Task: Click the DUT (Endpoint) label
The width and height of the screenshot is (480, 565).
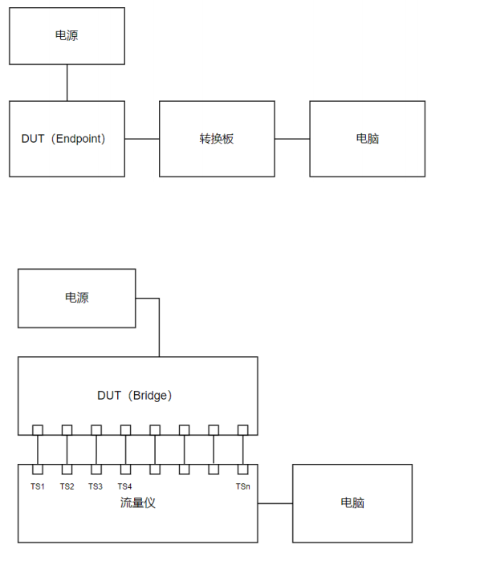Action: (x=63, y=139)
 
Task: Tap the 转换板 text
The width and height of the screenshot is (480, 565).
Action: (x=217, y=139)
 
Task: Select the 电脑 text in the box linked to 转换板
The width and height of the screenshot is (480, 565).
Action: (x=368, y=139)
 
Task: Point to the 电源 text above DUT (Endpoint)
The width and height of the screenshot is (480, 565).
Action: (x=67, y=36)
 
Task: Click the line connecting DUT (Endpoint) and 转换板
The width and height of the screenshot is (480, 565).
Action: (x=142, y=139)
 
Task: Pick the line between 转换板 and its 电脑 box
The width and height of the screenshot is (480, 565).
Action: (x=292, y=139)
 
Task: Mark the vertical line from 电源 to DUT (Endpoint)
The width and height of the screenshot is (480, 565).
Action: (x=67, y=83)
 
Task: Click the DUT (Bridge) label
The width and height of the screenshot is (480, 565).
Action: (x=135, y=396)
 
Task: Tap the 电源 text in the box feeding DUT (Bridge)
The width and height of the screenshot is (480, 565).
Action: (x=77, y=298)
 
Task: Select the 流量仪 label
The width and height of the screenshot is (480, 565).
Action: (x=137, y=503)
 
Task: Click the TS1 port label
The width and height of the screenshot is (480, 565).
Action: (x=38, y=486)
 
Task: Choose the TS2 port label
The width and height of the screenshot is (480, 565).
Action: (x=67, y=486)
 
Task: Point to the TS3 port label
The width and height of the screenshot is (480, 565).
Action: (x=96, y=486)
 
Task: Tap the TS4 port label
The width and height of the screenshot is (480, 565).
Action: (x=124, y=486)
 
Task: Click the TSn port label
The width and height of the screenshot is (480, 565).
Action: (x=242, y=486)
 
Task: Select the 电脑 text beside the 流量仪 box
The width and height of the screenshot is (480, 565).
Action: (x=352, y=503)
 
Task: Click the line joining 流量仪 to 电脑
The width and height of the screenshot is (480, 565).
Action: (x=275, y=503)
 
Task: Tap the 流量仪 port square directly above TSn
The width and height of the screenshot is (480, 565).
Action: (x=242, y=469)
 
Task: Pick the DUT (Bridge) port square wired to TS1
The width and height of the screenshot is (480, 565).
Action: (x=38, y=430)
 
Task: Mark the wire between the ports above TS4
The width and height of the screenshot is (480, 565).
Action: (x=125, y=449)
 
